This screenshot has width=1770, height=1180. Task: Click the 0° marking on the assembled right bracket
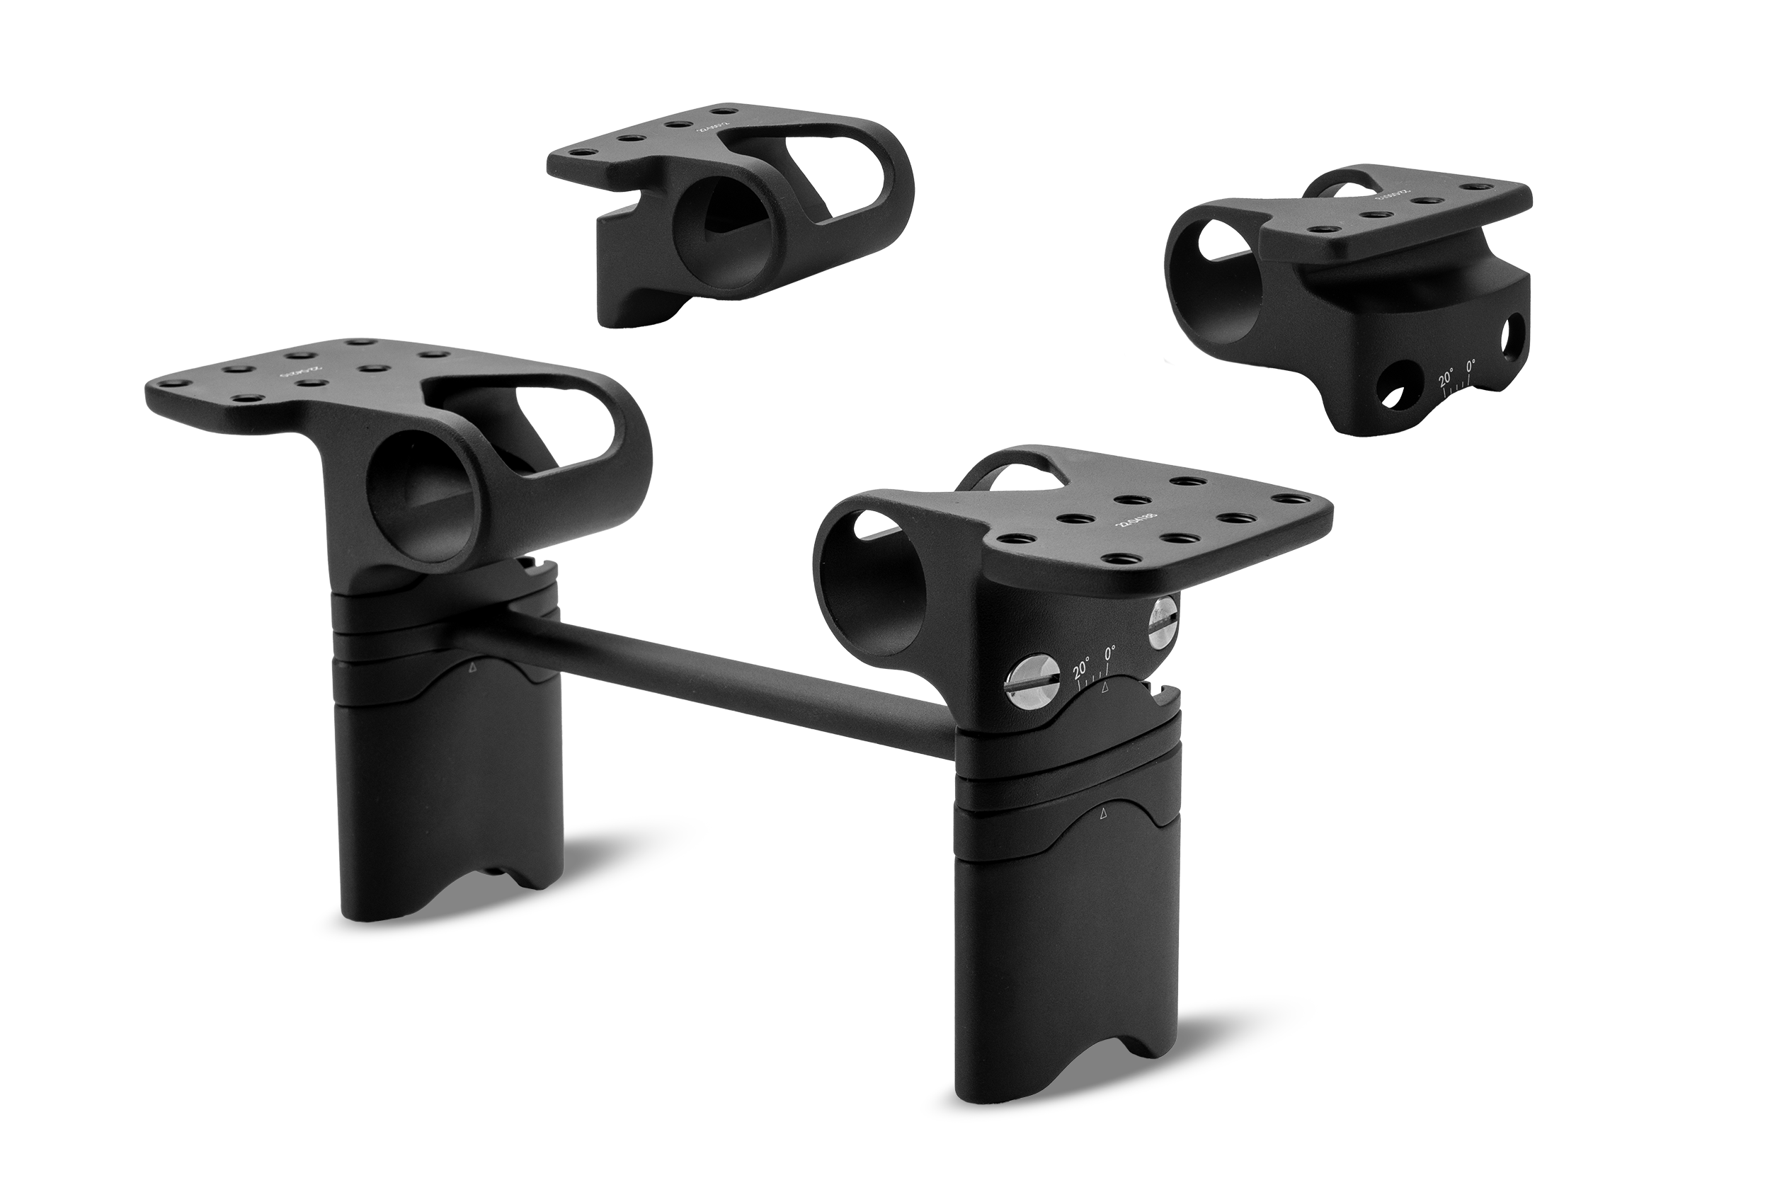tap(1109, 653)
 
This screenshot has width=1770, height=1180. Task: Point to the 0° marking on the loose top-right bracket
tap(1471, 365)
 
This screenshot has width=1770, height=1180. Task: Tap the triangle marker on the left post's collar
tap(473, 667)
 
